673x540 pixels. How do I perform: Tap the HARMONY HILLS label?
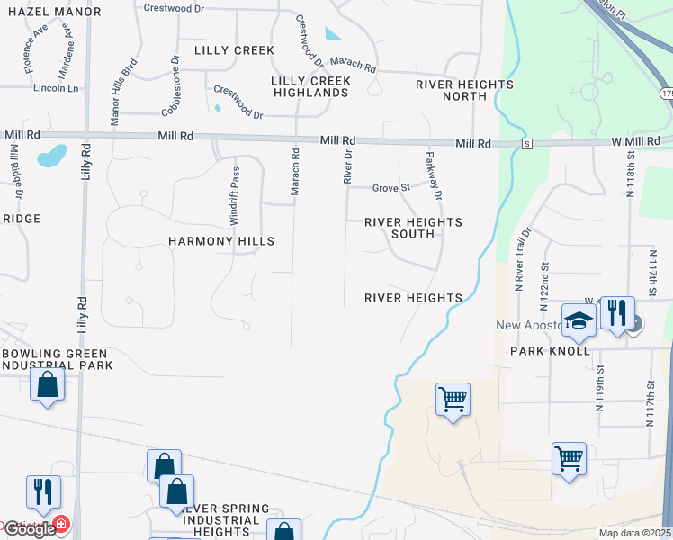click(221, 241)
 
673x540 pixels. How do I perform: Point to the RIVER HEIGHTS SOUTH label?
click(413, 228)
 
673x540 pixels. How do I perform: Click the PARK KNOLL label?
click(550, 350)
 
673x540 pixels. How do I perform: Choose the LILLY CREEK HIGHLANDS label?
click(311, 87)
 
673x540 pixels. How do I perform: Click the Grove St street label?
click(391, 188)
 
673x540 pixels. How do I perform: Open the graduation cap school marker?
click(579, 319)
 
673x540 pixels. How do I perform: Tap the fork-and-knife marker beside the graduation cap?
click(616, 312)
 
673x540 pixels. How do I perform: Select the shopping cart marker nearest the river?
click(453, 398)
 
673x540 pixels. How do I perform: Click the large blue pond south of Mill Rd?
click(51, 156)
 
